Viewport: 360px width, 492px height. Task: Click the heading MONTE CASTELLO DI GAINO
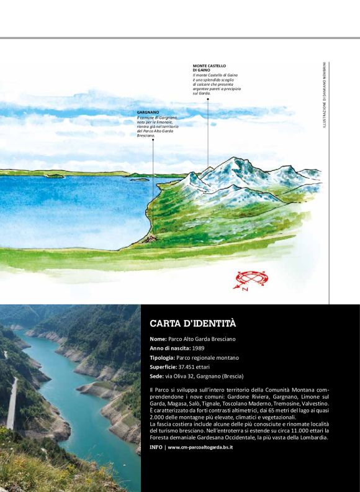pyautogui.click(x=209, y=68)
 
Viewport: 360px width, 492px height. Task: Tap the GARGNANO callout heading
pyautogui.click(x=149, y=112)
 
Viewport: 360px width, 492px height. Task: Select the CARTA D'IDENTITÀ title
pyautogui.click(x=193, y=324)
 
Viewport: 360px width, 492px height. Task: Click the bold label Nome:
pyautogui.click(x=158, y=339)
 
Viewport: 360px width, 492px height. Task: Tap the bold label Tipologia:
pyautogui.click(x=164, y=357)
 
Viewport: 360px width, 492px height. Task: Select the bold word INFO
pyautogui.click(x=156, y=447)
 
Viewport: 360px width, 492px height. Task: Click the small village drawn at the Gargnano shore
pyautogui.click(x=148, y=238)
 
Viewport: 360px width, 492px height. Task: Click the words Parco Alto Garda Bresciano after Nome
pyautogui.click(x=202, y=339)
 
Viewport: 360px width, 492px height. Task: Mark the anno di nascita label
pyautogui.click(x=169, y=348)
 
